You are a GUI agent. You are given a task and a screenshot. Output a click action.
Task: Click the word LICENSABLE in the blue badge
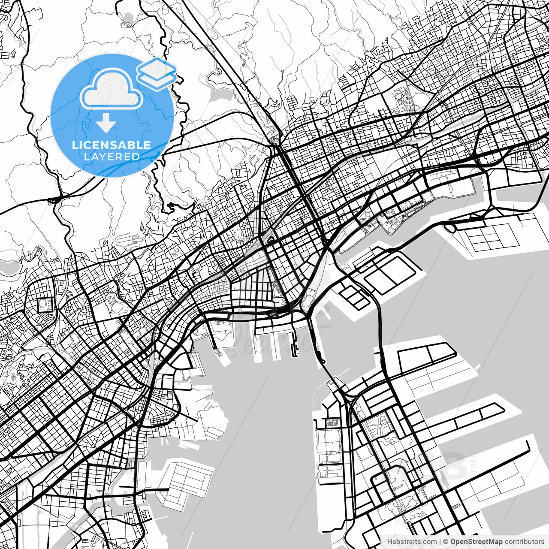[x=112, y=145]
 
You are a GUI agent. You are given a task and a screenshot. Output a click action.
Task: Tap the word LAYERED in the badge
[x=112, y=157]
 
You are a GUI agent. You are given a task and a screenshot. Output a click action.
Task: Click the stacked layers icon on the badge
[x=157, y=73]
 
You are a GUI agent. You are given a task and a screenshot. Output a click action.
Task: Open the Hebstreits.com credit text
[x=412, y=542]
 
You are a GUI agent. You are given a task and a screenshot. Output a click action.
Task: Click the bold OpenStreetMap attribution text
[x=477, y=542]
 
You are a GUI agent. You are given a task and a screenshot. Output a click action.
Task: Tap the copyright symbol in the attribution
[x=446, y=542]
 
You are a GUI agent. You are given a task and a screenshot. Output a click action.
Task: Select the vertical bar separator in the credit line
[x=440, y=542]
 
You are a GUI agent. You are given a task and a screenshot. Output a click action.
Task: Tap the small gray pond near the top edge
[x=128, y=18]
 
